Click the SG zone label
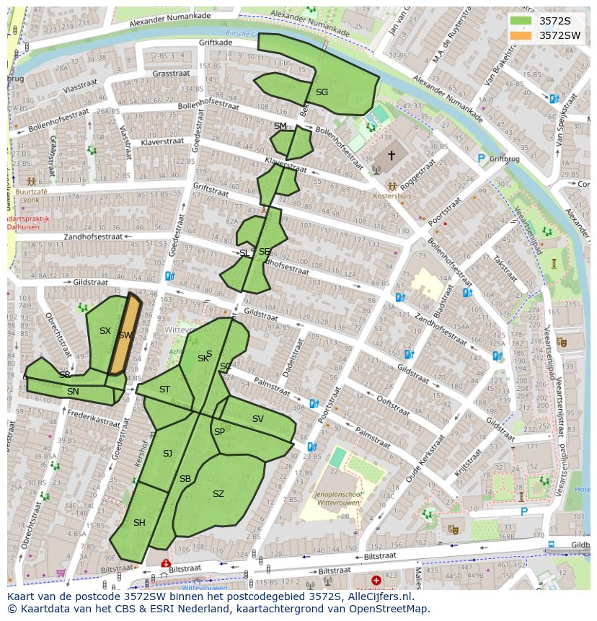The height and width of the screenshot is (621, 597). pos(322,92)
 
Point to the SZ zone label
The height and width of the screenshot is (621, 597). pos(218,494)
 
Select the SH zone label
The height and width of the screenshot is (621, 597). pos(139,523)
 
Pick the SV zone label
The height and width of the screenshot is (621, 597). pos(257,419)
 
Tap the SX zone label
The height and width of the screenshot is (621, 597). pos(105,331)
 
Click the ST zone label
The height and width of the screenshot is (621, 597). pos(164,389)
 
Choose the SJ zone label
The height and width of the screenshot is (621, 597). pos(167,453)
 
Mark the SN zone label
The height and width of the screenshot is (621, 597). pos(73,391)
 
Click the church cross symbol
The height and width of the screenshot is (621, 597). pos(392,155)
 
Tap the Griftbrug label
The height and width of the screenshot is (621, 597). pos(505,159)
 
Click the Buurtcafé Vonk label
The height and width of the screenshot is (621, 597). pos(32,197)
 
